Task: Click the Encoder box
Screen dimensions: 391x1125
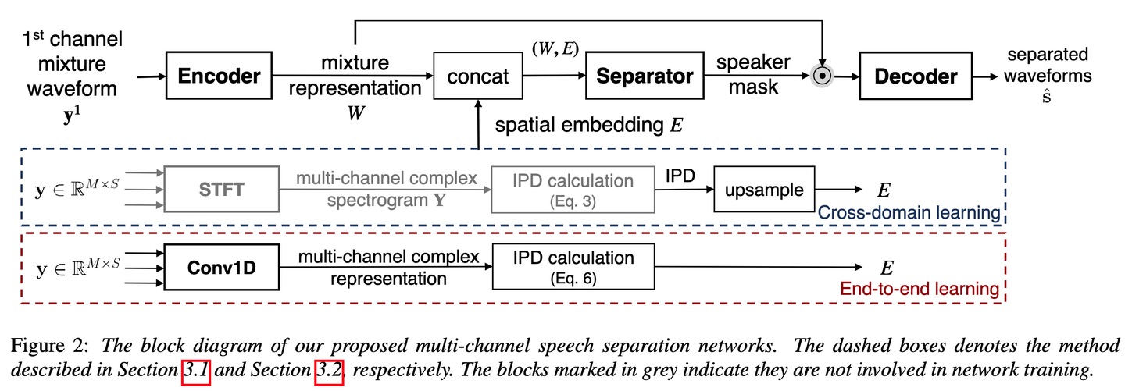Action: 218,76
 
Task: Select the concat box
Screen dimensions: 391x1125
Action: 478,76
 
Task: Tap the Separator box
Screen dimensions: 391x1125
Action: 645,76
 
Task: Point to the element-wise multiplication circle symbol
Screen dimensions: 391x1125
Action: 821,76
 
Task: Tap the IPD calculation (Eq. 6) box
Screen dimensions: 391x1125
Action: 573,267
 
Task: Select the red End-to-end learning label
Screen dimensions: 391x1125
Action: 920,289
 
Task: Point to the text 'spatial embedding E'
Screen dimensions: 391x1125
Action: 588,125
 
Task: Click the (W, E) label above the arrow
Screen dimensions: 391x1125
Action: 554,48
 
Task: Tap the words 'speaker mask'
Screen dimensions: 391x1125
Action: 753,74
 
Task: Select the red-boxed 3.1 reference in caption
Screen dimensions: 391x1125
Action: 196,372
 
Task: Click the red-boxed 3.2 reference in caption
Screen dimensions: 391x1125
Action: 329,372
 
